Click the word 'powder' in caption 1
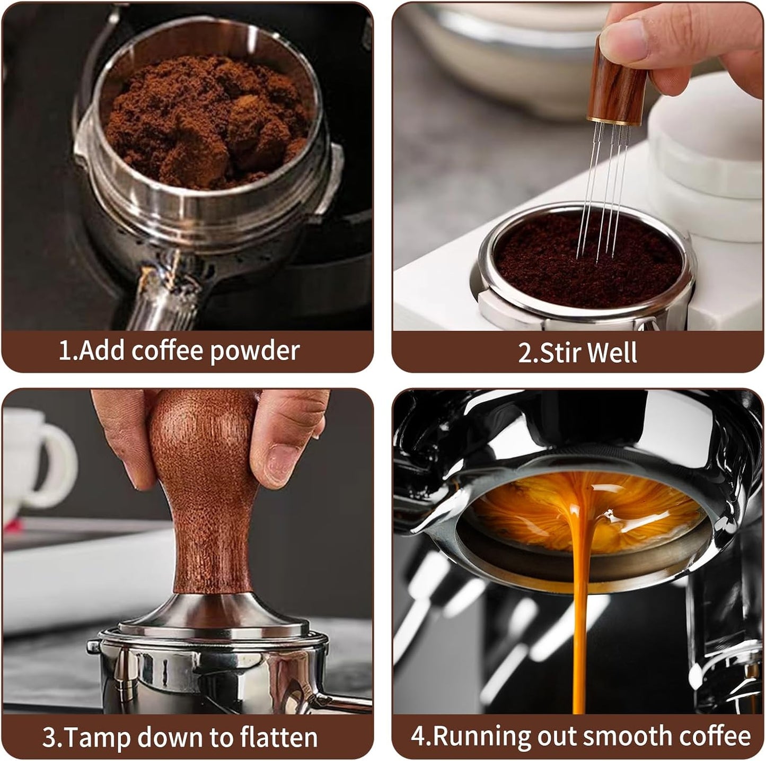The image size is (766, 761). [255, 352]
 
